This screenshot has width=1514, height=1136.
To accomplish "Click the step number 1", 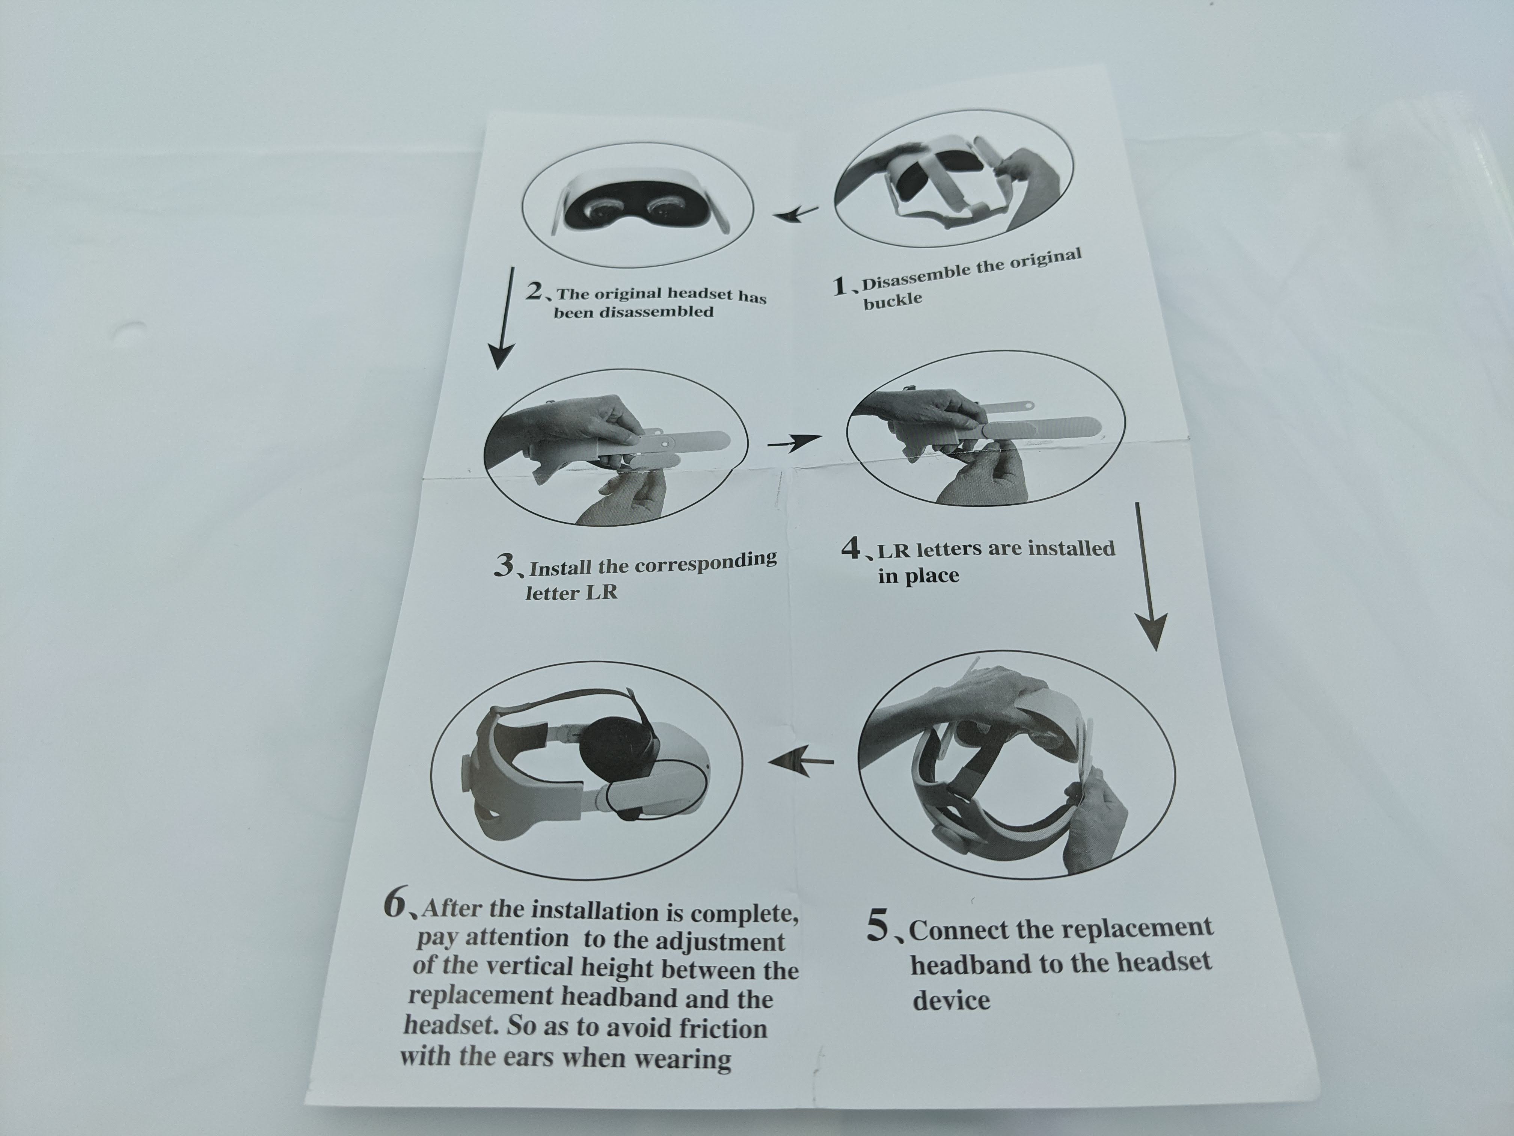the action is tap(840, 286).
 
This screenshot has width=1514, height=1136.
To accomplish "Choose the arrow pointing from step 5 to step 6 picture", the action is tap(801, 761).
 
